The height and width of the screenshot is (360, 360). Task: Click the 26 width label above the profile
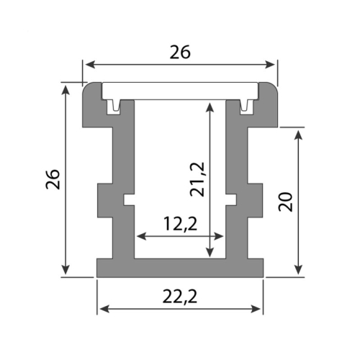click(180, 52)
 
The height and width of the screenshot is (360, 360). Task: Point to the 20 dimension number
click(286, 201)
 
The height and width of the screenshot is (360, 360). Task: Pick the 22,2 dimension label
click(180, 295)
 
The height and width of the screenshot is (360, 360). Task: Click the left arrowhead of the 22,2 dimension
click(102, 309)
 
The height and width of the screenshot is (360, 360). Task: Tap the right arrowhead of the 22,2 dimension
click(258, 309)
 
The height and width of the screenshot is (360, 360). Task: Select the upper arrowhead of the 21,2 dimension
click(210, 106)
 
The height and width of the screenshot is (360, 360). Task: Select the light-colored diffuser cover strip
click(180, 91)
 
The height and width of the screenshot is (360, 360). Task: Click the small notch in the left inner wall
click(129, 199)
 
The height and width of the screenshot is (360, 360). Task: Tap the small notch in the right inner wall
click(231, 199)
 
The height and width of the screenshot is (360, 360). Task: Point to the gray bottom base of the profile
click(180, 268)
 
